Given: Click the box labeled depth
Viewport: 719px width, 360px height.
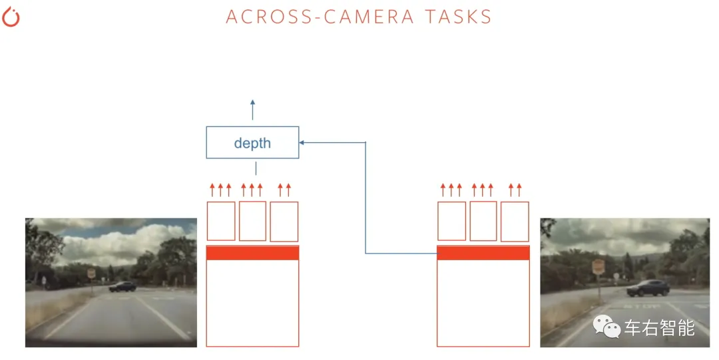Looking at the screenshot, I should coord(252,142).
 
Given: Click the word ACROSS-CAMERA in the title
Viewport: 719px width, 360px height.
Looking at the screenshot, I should coord(311,17).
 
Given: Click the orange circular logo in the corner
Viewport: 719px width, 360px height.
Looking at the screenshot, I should coord(11,17).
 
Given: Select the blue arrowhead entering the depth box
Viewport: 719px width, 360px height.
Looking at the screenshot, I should coord(302,142).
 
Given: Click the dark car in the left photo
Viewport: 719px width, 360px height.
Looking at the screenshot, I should coord(123,286).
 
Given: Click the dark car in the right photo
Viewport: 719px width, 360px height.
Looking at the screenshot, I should coord(647,287).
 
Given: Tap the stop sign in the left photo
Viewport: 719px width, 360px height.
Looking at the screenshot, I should coord(91,273).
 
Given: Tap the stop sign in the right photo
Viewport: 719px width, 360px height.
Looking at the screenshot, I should coord(598,268).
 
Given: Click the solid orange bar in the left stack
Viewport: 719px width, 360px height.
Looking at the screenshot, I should coord(252,253).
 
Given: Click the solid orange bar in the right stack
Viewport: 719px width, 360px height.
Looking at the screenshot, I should coord(483,253).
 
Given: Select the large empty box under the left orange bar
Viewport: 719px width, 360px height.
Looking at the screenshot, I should coord(252,303).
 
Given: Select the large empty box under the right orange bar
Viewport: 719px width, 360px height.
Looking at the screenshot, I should coord(483,303).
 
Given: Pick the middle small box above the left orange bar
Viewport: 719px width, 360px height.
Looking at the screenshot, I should coord(252,221).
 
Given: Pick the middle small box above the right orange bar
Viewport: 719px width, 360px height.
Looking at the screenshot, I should coord(483,221).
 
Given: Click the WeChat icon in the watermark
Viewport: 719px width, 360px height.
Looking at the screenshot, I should coord(607,326).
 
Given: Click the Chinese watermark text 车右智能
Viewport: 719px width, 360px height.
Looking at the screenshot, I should coord(659,327).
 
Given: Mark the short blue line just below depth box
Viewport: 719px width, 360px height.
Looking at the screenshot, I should coord(256,168).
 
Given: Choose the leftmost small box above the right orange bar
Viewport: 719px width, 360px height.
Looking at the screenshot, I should coord(451,221).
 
